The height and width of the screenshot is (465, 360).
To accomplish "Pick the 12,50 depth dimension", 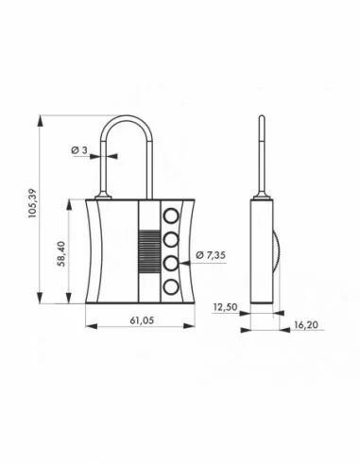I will (224, 305).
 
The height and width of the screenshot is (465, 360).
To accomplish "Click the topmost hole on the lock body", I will (172, 215).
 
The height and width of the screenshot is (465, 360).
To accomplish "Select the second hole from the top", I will (172, 238).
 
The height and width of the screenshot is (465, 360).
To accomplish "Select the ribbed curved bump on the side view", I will (273, 250).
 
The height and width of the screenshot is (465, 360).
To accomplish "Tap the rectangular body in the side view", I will (261, 250).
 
